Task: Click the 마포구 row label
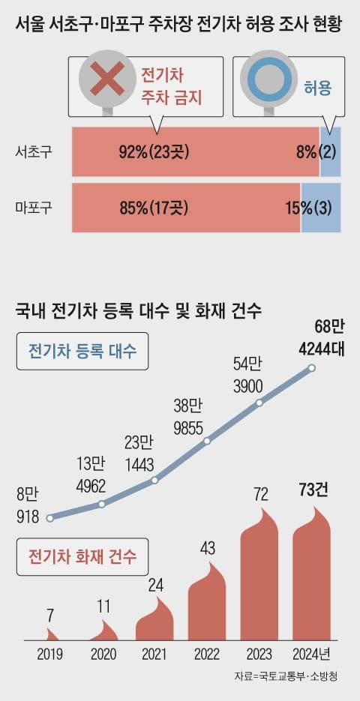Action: [34, 207]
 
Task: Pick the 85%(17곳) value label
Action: [154, 207]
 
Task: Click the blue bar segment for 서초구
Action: [331, 152]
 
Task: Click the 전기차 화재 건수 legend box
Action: [82, 557]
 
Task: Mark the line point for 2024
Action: [312, 368]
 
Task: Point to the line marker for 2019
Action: [49, 518]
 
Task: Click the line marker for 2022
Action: [207, 441]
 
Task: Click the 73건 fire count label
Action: [312, 491]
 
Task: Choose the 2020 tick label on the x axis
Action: [103, 654]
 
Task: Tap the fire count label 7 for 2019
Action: [49, 615]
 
